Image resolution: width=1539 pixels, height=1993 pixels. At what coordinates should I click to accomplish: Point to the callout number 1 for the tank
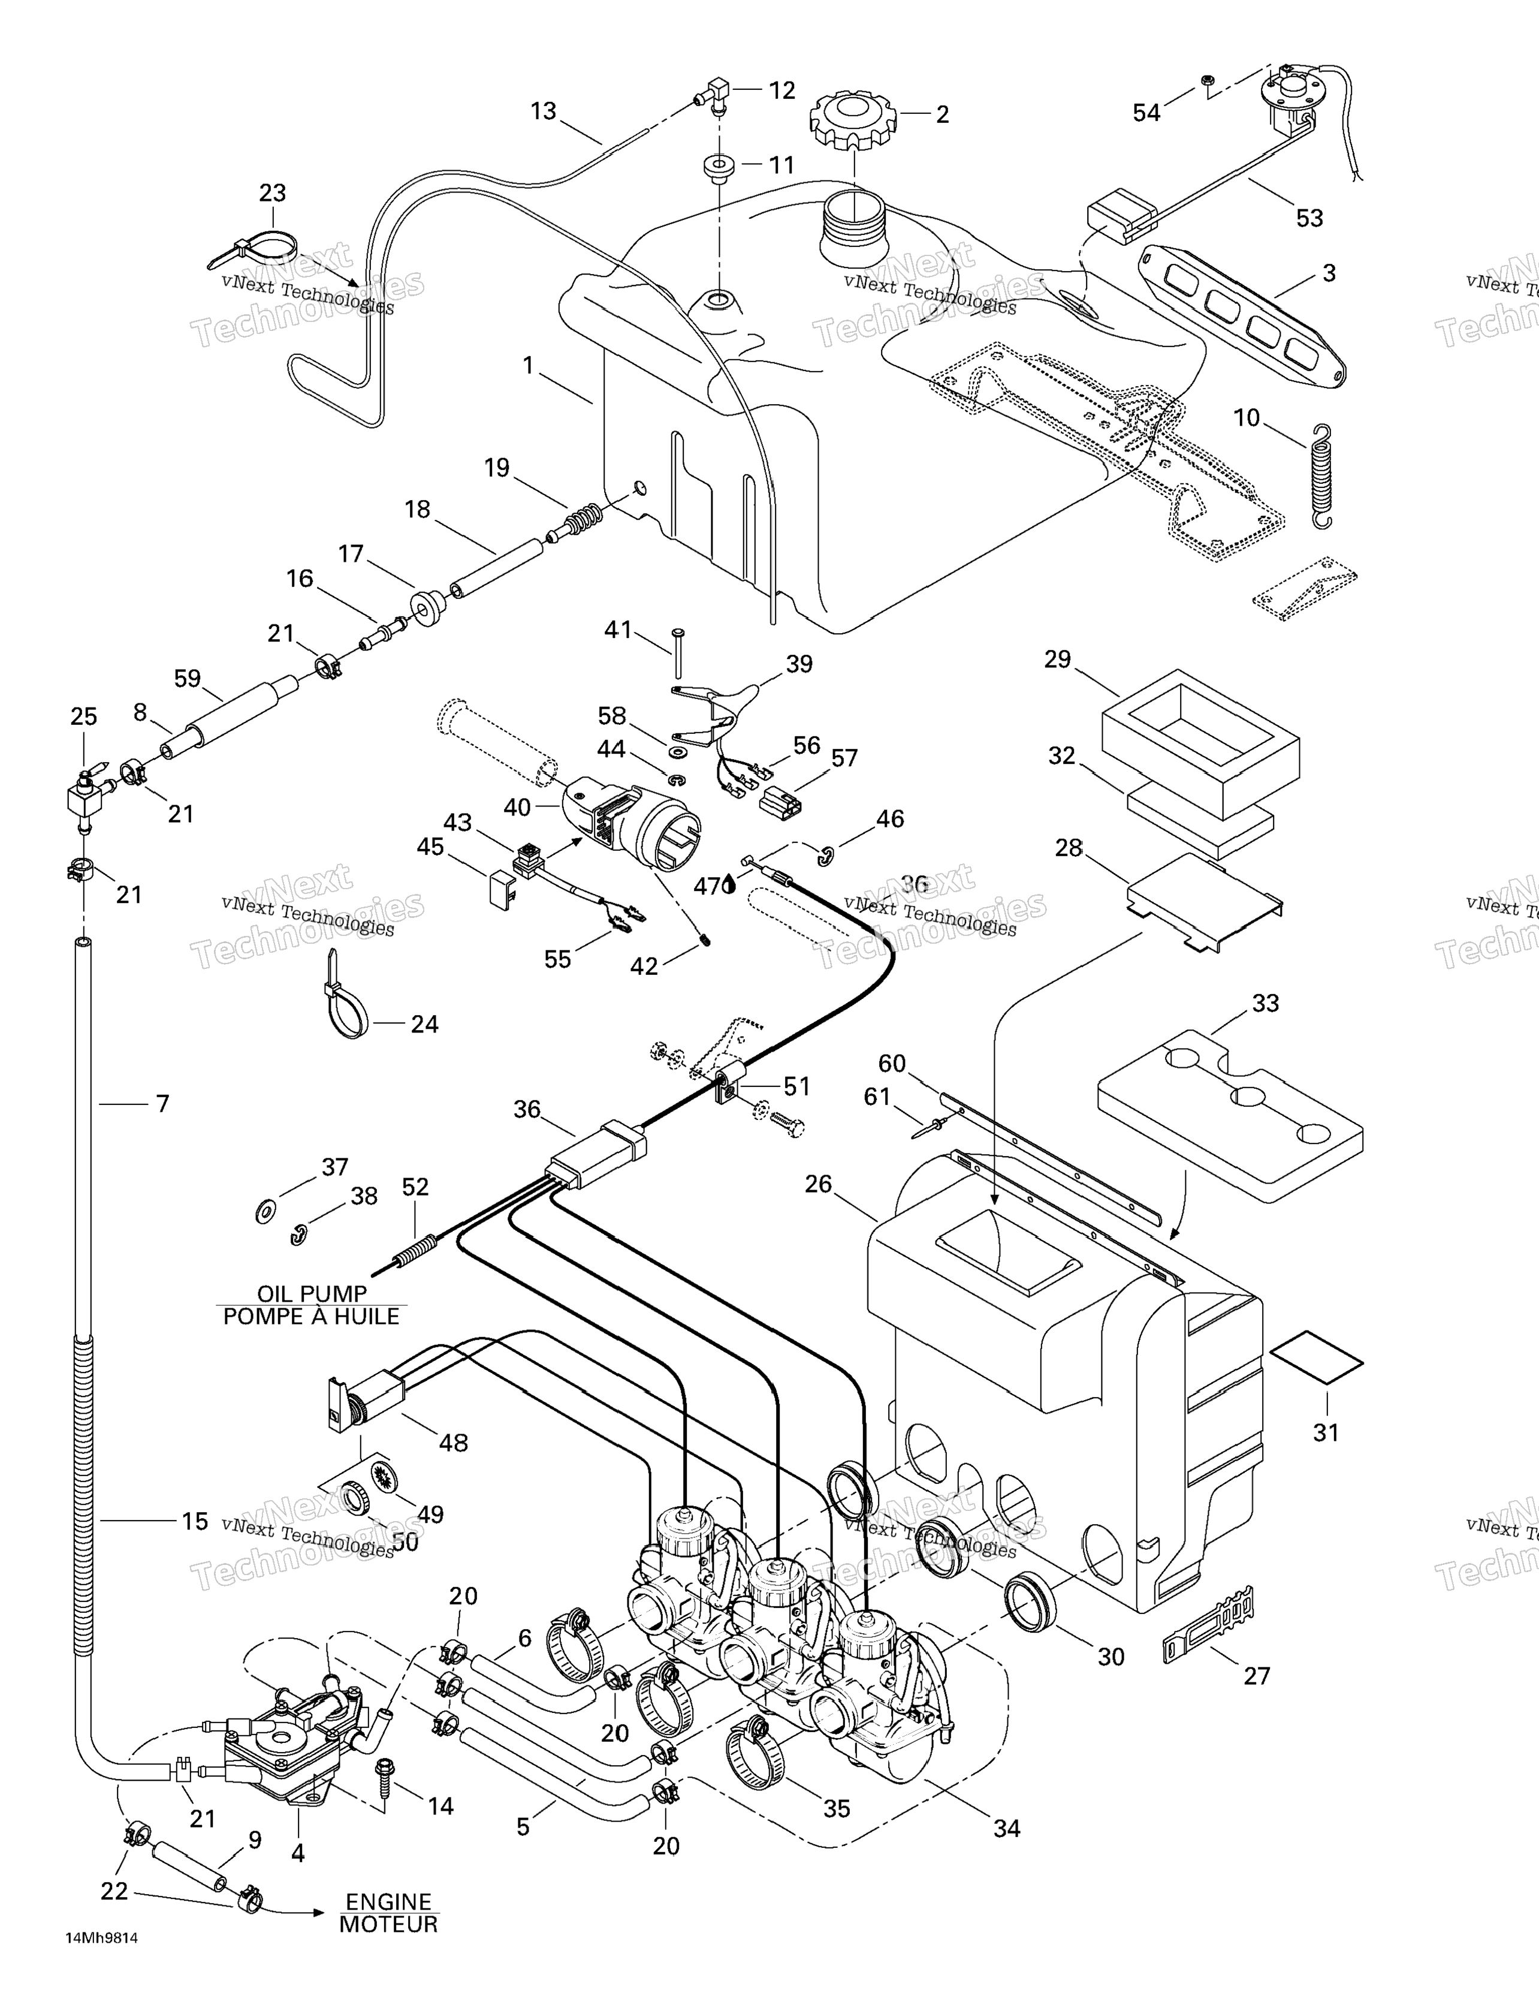527,365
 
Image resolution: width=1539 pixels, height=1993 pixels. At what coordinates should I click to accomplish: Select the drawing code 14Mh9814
101,1958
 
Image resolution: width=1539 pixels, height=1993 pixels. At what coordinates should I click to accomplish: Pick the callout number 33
1265,1003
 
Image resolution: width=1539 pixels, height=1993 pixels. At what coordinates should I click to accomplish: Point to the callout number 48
454,1443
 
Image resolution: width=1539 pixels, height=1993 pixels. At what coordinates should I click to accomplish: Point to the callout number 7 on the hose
162,1104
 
